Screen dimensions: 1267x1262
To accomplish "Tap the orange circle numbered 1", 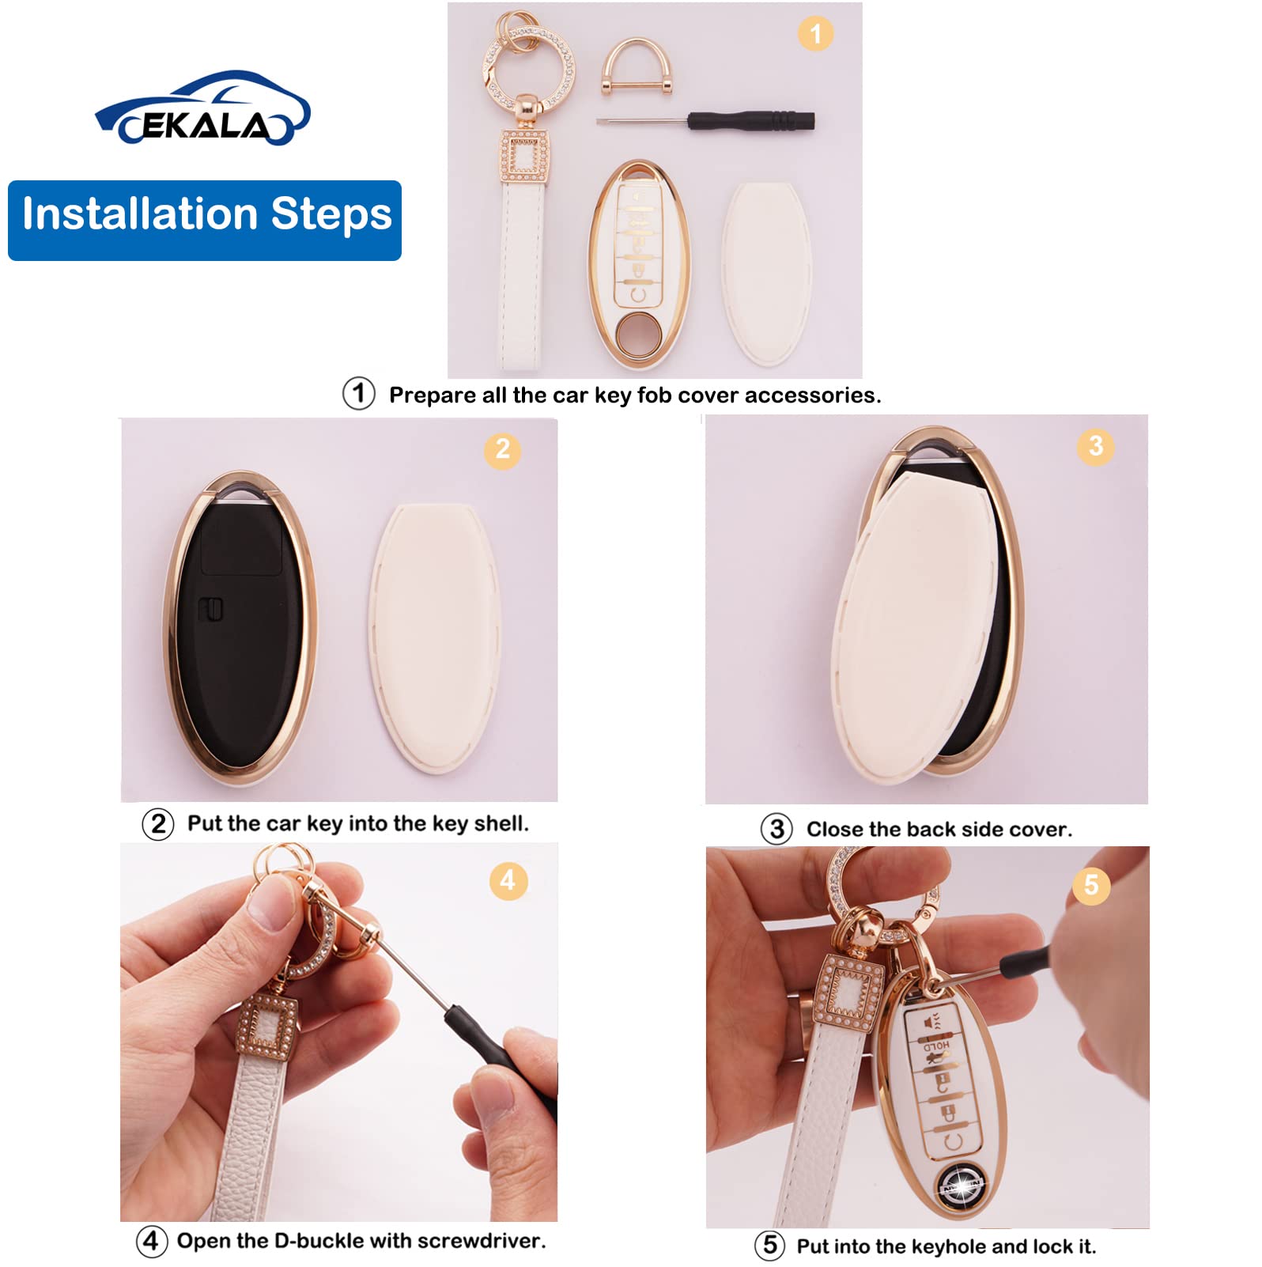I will (x=815, y=34).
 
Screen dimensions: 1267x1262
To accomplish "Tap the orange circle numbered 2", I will (x=502, y=449).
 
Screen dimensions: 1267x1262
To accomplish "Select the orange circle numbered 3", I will (x=1095, y=446).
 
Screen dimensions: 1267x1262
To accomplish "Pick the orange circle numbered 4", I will (x=508, y=880).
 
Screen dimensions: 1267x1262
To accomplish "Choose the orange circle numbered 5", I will (x=1090, y=884).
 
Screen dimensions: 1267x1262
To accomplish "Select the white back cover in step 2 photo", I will (x=435, y=637).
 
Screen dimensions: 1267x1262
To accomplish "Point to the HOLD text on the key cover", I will (x=936, y=1046).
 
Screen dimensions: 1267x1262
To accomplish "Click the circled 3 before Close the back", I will (x=776, y=829).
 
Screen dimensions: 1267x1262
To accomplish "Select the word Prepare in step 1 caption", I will (x=432, y=395).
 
